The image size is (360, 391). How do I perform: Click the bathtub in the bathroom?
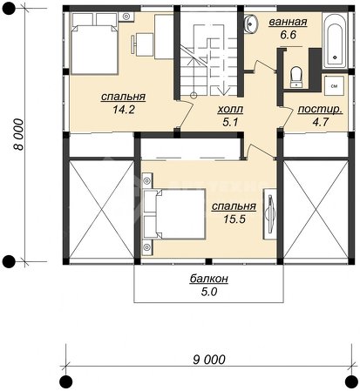[335, 41]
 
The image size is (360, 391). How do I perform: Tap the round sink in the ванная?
[251, 23]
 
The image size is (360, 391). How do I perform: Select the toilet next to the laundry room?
[296, 77]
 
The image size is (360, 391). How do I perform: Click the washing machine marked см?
[334, 85]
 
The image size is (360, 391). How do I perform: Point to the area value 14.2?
[124, 110]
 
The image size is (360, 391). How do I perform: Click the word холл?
[230, 110]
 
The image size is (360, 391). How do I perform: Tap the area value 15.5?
[234, 219]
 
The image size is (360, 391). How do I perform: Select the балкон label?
[209, 279]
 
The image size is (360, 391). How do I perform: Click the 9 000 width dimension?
[209, 360]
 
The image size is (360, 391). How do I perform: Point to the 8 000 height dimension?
[18, 134]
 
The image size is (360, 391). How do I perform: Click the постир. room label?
[320, 110]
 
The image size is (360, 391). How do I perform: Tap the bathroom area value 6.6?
[289, 35]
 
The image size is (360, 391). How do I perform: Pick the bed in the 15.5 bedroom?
[174, 214]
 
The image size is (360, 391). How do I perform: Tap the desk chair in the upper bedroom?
[142, 44]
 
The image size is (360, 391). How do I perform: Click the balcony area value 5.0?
[209, 292]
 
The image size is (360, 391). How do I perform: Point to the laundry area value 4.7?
[320, 122]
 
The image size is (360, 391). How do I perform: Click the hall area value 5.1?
[230, 122]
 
